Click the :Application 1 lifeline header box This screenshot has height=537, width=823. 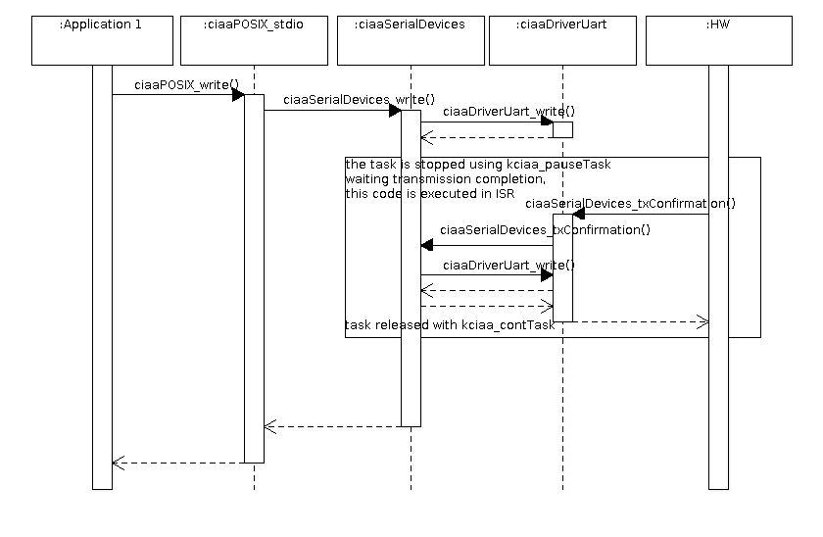102,40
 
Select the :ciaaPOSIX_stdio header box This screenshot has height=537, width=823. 254,40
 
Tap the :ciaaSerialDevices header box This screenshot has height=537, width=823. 411,40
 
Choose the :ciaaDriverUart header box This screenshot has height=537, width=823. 562,40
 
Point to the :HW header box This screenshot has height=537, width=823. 719,40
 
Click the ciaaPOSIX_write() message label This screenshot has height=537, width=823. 186,85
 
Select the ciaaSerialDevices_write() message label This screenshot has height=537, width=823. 359,100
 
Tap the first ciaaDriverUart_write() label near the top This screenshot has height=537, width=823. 509,112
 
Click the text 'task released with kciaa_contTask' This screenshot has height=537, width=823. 450,325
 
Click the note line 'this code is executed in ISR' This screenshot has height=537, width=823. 430,194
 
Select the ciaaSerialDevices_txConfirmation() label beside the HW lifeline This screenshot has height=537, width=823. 630,204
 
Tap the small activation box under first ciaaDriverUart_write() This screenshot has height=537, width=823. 562,129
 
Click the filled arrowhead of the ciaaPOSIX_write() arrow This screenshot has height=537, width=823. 238,94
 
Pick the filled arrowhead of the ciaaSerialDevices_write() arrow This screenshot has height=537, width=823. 395,110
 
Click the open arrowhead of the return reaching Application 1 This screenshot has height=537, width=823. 119,463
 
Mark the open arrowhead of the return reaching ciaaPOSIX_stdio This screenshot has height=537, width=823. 270,427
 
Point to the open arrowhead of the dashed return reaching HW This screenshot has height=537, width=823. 702,321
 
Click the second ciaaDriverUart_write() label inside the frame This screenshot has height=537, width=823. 509,266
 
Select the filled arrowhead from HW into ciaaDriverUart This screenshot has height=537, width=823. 578,214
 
